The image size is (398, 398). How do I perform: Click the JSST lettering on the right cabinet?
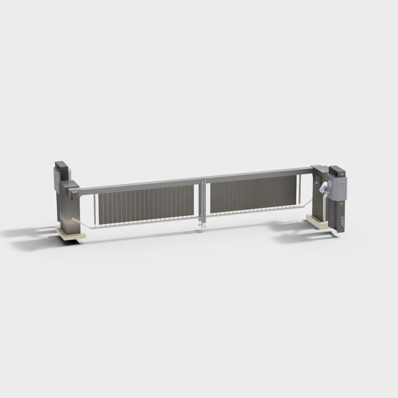pos(342,221)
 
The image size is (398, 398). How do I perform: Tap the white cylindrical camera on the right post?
pos(323,187)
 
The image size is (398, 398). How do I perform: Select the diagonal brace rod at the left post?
pos(81,223)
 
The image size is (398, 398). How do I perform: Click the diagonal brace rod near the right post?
pos(308,203)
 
